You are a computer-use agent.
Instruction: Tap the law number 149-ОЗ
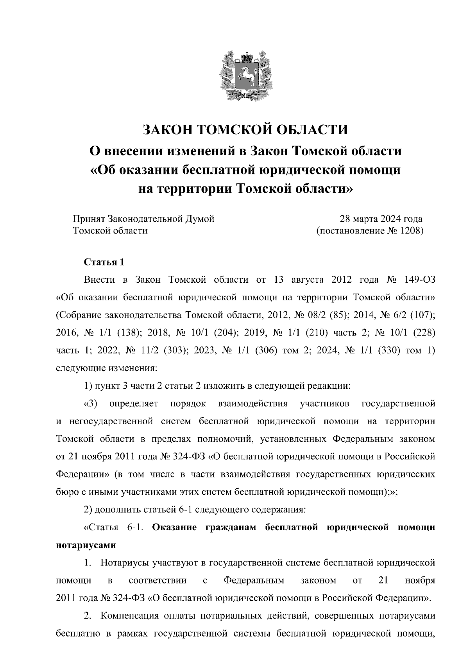[419, 280]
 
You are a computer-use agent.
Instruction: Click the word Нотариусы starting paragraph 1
[126, 562]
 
